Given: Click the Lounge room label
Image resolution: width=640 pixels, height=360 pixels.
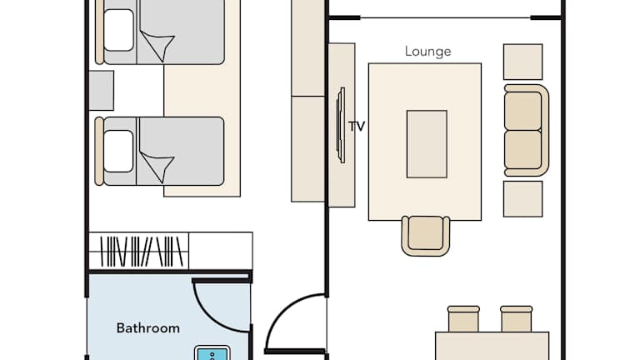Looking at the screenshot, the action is pos(427,52).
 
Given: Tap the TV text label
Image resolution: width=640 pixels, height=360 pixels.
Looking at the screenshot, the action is pos(357,127).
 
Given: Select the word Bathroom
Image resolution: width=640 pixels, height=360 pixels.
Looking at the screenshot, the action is pos(147,328).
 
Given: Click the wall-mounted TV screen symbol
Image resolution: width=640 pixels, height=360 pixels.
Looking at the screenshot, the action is pos(341,125).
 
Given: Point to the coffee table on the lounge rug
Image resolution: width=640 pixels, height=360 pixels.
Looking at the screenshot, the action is pos(427,144).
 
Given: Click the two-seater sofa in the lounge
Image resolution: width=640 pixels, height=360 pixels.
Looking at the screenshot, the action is pos(526,131).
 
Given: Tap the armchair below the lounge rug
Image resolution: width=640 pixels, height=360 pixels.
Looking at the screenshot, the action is pos(426,236).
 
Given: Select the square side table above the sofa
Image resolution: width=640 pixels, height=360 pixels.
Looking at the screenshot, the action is pos(522,62).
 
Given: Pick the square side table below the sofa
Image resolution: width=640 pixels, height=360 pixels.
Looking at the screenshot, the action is pos(522,199).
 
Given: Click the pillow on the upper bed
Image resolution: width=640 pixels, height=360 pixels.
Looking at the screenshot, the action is pos(119,30).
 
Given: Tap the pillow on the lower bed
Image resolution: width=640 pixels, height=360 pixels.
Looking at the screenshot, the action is pos(119,151).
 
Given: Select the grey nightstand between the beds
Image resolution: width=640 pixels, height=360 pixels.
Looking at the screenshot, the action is pos(101,90).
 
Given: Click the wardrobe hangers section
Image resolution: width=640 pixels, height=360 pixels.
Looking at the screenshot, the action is pos(139,252).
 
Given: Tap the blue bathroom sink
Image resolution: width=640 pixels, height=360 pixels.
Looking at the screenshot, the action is pos(212,353).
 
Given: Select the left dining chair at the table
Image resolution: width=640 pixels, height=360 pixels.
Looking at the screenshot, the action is pos(463,319).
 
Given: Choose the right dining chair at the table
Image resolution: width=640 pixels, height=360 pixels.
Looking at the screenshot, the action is pos(517,319).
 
